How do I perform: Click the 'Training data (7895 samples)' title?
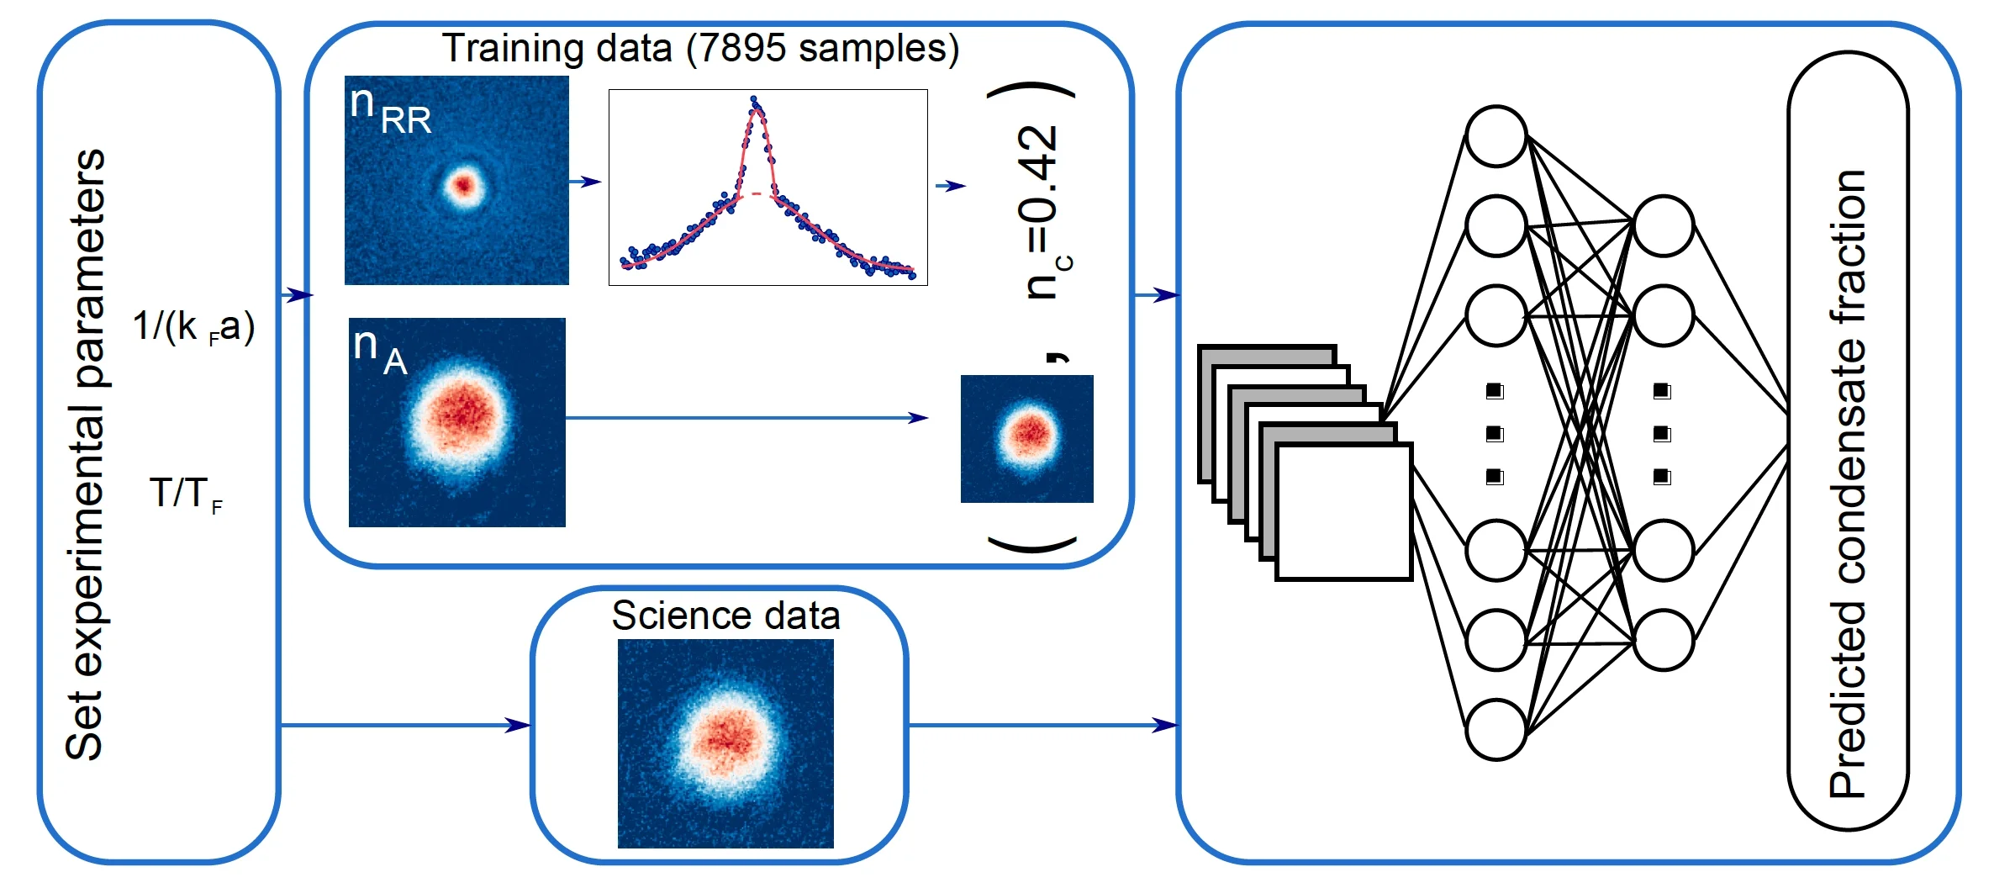[700, 49]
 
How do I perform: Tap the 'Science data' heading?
[725, 616]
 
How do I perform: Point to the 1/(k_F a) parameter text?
[193, 326]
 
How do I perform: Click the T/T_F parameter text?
[186, 494]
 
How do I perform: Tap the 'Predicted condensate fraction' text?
[1849, 484]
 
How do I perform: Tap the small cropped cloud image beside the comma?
[1027, 438]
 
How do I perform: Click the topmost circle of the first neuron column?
[1495, 136]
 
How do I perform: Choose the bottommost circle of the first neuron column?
[1495, 729]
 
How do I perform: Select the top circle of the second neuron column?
[1662, 225]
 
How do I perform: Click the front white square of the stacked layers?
[1343, 511]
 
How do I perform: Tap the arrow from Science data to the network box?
[1042, 725]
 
